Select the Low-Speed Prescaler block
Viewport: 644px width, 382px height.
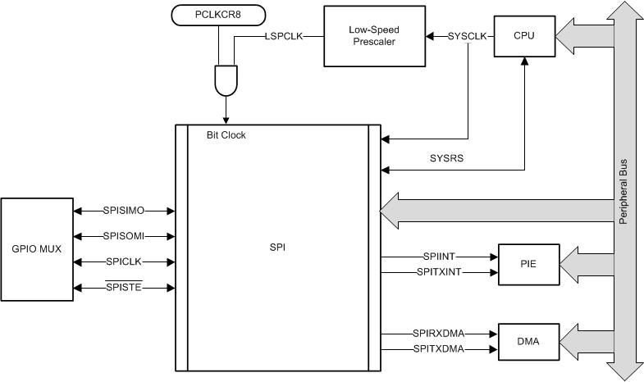(x=374, y=36)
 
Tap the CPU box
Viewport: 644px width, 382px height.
(x=523, y=36)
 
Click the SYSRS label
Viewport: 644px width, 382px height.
(x=447, y=157)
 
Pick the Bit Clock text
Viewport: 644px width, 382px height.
(x=226, y=135)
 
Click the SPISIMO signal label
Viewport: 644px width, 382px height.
(x=124, y=211)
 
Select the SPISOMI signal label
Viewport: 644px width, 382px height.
(x=124, y=236)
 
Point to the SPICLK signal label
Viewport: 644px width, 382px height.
(x=124, y=262)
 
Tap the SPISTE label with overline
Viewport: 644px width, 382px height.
(x=124, y=288)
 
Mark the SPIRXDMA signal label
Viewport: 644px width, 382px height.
(x=439, y=334)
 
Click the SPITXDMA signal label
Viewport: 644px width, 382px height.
(x=439, y=348)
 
